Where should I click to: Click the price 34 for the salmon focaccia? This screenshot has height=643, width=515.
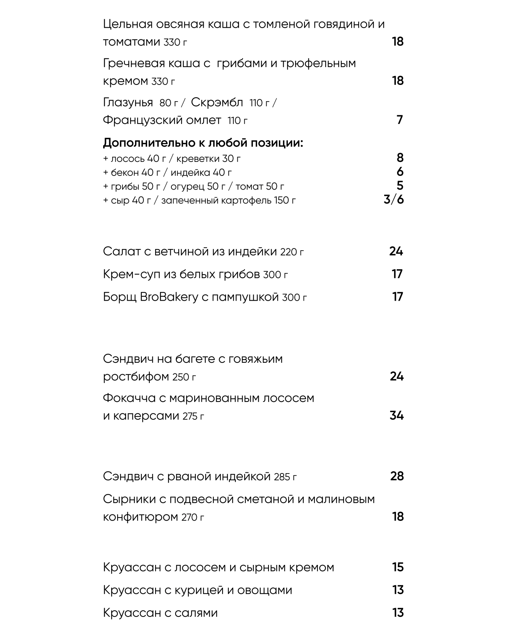click(396, 416)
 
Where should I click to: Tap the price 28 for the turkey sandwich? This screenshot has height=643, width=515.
click(397, 476)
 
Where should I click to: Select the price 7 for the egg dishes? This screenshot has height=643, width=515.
click(399, 120)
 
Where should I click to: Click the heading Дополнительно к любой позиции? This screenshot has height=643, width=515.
click(203, 143)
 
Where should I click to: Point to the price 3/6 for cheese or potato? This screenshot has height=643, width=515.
click(394, 199)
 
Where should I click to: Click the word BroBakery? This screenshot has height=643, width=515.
click(169, 297)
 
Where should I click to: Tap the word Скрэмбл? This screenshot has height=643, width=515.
click(217, 102)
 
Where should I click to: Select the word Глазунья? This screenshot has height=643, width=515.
click(128, 102)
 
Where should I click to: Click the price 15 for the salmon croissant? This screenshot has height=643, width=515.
click(397, 567)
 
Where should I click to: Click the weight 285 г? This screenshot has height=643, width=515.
click(285, 477)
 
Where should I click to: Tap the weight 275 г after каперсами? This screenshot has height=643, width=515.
click(193, 416)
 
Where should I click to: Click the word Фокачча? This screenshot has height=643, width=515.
click(129, 398)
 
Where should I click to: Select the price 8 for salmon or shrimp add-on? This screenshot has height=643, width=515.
click(400, 158)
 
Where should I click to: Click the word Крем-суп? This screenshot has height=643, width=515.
click(132, 274)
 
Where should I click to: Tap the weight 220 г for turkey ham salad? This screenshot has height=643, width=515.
click(292, 252)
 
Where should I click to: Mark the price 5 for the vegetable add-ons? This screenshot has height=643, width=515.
click(400, 186)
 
